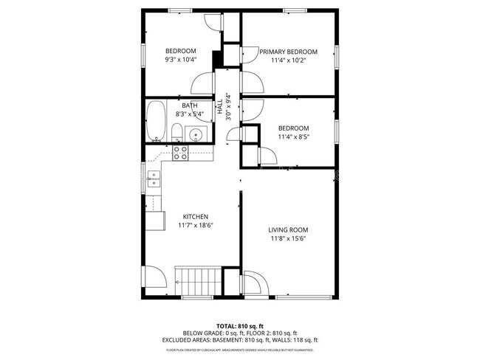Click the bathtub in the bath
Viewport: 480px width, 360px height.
[156, 121]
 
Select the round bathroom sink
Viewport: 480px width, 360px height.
[196, 134]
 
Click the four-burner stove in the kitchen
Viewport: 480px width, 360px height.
[181, 153]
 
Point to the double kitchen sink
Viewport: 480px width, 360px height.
[154, 179]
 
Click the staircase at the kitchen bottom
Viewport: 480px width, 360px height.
[198, 281]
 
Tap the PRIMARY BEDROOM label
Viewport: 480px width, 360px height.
[288, 52]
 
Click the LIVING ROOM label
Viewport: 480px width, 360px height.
[288, 230]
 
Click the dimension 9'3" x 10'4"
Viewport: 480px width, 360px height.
[180, 60]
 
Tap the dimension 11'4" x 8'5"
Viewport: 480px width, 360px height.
[293, 136]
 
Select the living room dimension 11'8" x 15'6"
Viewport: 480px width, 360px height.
[288, 239]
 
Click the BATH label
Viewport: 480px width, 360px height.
[190, 105]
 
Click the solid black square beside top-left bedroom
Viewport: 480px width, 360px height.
[218, 59]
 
